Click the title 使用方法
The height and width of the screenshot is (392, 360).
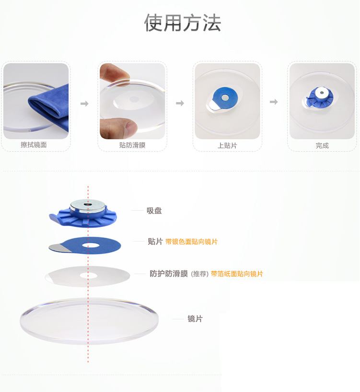[183, 23]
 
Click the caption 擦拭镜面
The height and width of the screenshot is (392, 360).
[34, 145]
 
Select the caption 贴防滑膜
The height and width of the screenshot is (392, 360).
[132, 145]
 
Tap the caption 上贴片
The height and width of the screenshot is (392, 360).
[227, 145]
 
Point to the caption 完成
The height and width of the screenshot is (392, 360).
[322, 145]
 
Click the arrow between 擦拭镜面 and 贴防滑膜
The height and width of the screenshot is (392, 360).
[84, 104]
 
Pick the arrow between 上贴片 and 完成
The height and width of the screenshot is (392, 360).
[274, 102]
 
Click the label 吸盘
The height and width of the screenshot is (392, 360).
[154, 210]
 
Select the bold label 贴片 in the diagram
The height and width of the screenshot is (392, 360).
[155, 242]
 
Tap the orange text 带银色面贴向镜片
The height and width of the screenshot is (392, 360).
[191, 242]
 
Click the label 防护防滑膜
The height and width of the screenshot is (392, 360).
[169, 274]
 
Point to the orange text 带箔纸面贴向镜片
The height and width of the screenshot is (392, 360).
[237, 274]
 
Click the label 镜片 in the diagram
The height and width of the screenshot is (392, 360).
[195, 319]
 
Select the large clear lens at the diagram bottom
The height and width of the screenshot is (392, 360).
[89, 321]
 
